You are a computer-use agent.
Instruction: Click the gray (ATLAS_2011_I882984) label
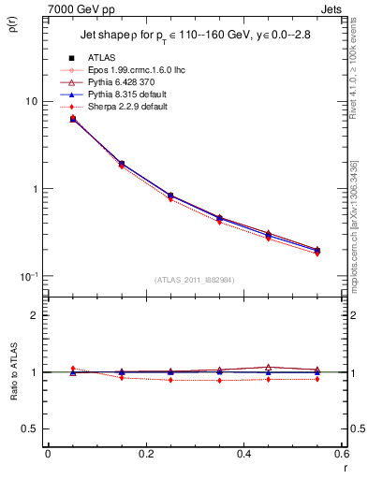tap(195, 280)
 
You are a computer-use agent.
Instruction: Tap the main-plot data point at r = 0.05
tap(73, 119)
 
